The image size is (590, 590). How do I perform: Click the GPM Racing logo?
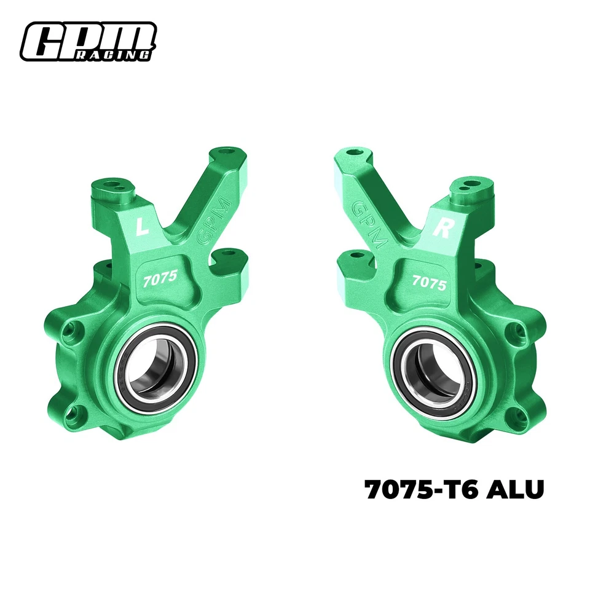88,42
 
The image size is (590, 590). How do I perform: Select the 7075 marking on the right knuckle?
429,281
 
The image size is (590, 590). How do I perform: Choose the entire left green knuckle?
147,307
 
